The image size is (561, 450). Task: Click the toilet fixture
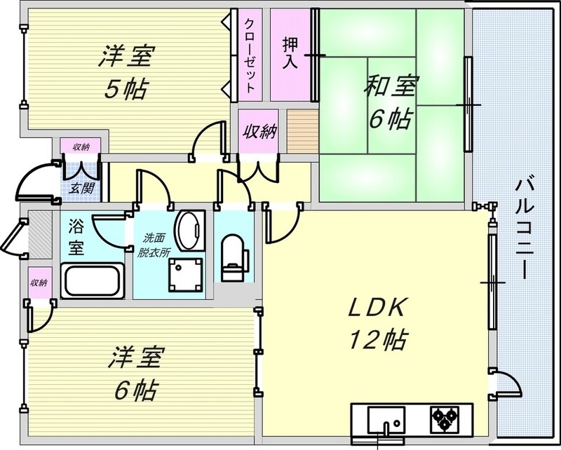231,257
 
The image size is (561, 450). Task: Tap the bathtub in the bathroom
93,282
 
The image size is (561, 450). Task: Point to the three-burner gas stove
443,418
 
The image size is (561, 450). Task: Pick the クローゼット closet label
250,53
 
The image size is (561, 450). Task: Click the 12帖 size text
377,341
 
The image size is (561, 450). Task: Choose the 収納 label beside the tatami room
259,132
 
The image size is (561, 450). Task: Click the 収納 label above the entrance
81,146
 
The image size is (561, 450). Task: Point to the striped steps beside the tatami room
302,130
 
